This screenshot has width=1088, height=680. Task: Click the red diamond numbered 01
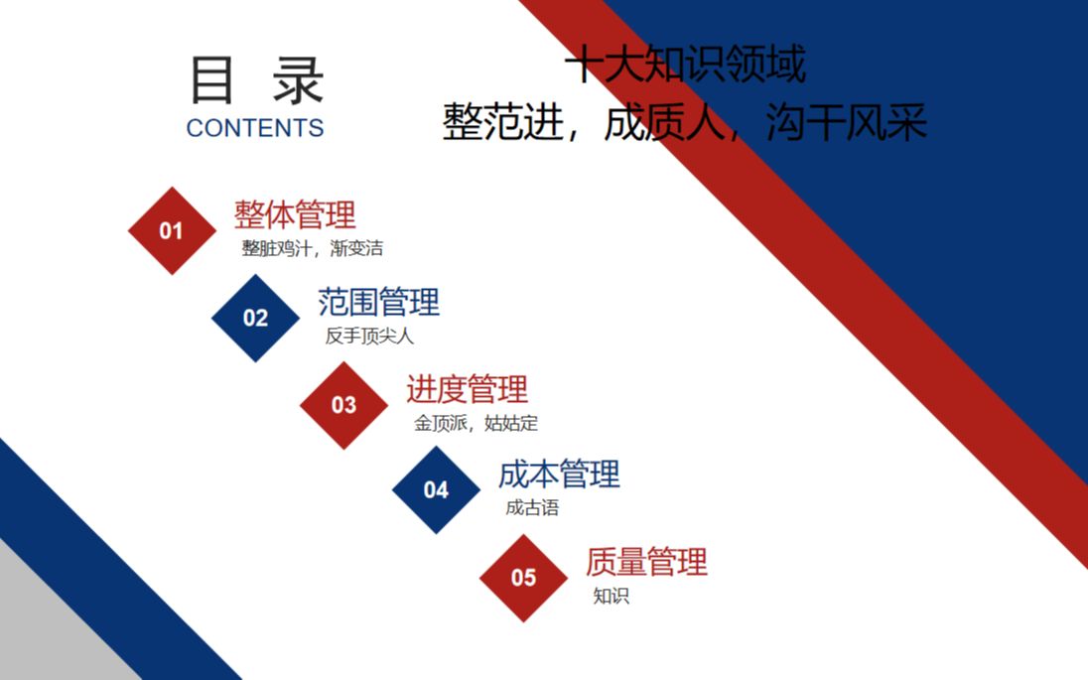click(172, 230)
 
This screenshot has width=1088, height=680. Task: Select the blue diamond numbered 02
click(255, 318)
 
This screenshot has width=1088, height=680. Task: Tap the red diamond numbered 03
click(343, 405)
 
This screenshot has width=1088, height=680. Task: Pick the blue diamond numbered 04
click(436, 489)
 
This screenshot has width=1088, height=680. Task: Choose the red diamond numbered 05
click(523, 578)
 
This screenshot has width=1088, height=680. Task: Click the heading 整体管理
click(295, 214)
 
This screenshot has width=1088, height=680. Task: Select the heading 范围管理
click(379, 302)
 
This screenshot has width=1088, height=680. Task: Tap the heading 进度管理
click(467, 388)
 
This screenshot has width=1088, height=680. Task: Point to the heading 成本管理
click(559, 474)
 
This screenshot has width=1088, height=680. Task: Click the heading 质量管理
click(646, 561)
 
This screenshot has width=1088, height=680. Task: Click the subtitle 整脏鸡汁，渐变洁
click(313, 248)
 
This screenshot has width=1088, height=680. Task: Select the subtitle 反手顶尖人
click(369, 336)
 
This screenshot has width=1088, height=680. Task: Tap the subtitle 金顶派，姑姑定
click(476, 423)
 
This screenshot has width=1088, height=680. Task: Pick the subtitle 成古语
click(532, 508)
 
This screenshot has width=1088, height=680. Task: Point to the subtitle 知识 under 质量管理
click(612, 596)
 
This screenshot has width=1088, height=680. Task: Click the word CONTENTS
click(255, 128)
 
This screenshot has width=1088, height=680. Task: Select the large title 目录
click(257, 80)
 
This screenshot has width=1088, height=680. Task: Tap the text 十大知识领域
click(686, 65)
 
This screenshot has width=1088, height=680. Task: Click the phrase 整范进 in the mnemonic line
click(503, 122)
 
